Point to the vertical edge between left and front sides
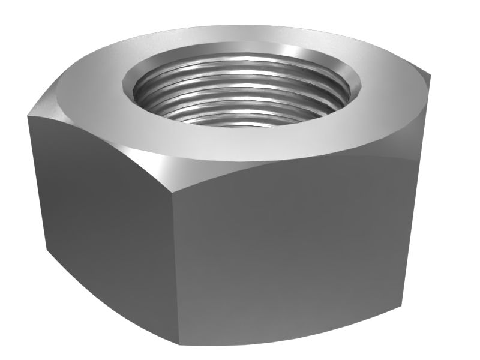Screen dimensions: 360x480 point(175,264)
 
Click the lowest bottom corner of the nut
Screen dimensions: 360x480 point(179,344)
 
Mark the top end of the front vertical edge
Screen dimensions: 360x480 point(174,186)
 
